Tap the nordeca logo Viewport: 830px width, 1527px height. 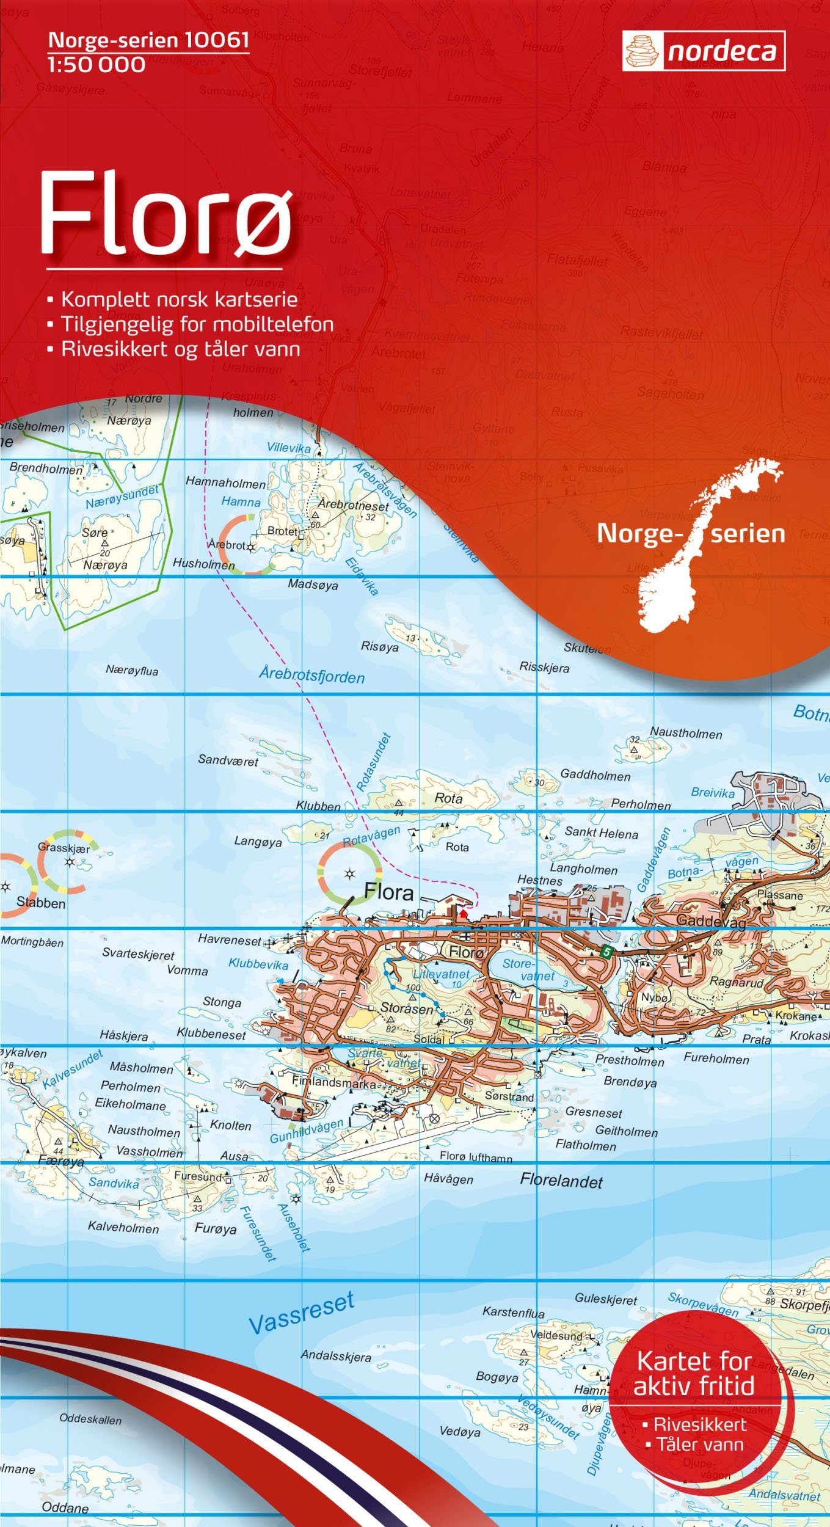[x=704, y=52]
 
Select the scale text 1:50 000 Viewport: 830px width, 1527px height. [x=96, y=64]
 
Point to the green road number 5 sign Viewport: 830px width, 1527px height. [x=605, y=952]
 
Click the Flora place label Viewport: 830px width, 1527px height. [x=388, y=892]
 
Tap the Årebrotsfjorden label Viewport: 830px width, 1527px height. [x=311, y=675]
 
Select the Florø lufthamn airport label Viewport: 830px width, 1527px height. [x=476, y=1156]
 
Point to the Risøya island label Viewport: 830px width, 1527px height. [x=379, y=646]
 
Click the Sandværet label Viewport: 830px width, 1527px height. [x=228, y=760]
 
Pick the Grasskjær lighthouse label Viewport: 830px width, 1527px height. [x=64, y=848]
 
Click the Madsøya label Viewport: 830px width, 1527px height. [x=313, y=585]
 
